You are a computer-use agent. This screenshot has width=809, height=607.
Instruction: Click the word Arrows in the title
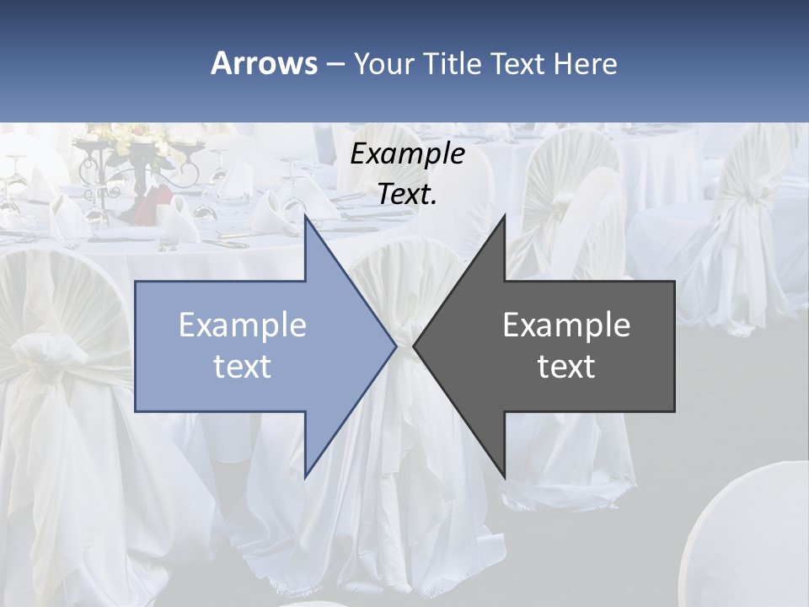click(264, 63)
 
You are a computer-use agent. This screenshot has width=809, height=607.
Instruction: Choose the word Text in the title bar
click(517, 64)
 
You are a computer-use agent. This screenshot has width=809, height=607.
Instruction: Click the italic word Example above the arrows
click(407, 155)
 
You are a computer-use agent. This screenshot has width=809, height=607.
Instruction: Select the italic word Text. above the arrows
click(407, 195)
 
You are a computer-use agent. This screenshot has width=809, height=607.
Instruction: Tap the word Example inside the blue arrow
click(243, 325)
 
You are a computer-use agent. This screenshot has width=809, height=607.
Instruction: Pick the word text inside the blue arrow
click(243, 367)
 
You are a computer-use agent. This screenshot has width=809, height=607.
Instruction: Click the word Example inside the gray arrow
click(566, 325)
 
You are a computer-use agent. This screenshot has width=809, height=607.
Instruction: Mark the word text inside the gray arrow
click(566, 367)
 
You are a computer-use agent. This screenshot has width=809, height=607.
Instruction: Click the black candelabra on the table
click(135, 169)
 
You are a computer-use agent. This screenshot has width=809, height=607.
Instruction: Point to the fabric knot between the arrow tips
click(404, 341)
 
